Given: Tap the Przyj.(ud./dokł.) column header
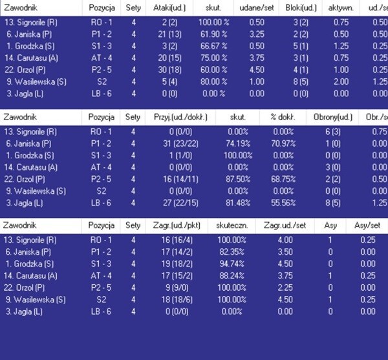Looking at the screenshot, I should pyautogui.click(x=175, y=118).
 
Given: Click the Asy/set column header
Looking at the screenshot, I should pyautogui.click(x=367, y=226).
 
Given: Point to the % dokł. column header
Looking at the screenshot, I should pyautogui.click(x=283, y=118).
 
